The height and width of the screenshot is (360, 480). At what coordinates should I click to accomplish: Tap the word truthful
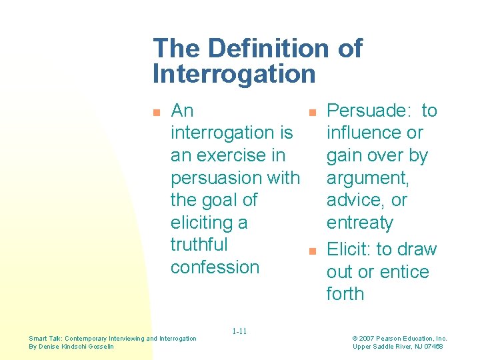pyautogui.click(x=199, y=245)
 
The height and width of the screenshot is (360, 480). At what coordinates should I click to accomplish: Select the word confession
pyautogui.click(x=215, y=267)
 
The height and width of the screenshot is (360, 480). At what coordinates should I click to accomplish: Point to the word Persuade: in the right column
pyautogui.click(x=370, y=111)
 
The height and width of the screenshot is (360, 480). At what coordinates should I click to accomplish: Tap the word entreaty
pyautogui.click(x=360, y=223)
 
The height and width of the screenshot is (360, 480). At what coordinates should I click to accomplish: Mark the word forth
pyautogui.click(x=345, y=294)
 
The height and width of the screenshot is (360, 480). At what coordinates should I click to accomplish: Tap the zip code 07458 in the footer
pyautogui.click(x=431, y=347)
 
